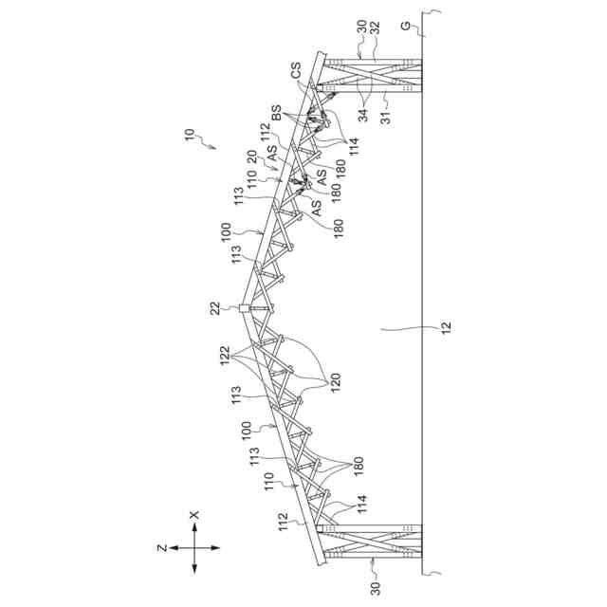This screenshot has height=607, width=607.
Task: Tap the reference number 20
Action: click(x=251, y=156)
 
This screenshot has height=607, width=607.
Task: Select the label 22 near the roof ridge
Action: click(x=216, y=307)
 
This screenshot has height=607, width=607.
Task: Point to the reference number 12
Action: click(x=445, y=329)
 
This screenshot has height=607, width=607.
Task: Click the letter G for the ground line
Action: click(x=406, y=26)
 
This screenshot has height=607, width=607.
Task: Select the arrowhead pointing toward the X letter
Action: click(x=193, y=527)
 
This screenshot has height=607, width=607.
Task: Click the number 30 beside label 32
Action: click(x=362, y=26)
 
